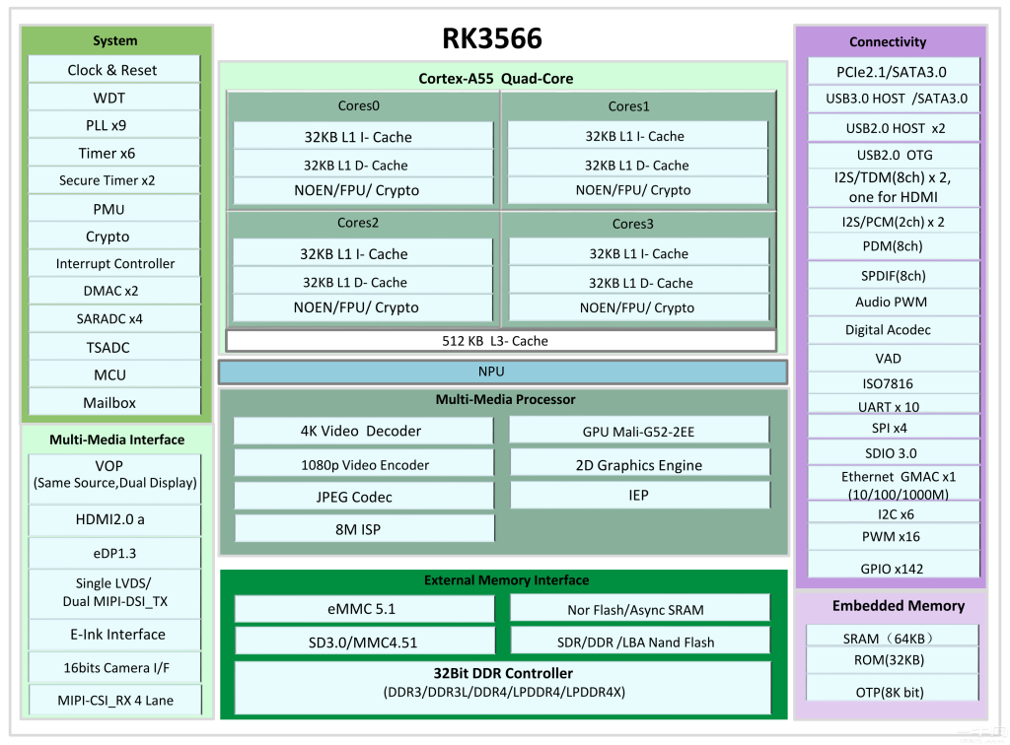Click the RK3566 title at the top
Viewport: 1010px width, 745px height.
click(492, 38)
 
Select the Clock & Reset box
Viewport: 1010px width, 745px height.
click(114, 70)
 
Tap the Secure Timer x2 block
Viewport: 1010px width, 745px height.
click(114, 180)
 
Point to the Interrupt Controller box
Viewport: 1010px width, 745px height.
click(114, 263)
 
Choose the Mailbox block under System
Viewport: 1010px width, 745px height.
click(114, 402)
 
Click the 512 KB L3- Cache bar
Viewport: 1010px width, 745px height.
click(501, 341)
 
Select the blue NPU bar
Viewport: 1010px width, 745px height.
click(502, 372)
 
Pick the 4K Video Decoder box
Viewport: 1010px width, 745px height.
click(363, 431)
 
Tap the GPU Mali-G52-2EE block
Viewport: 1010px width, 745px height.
click(639, 431)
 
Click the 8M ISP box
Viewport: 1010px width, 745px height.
click(364, 529)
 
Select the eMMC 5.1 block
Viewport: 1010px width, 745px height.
click(364, 609)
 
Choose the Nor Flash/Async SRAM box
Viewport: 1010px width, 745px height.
click(639, 609)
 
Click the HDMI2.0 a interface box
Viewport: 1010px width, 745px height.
click(114, 520)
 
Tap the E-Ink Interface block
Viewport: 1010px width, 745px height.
click(114, 635)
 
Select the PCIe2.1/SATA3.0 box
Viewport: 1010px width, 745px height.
click(894, 71)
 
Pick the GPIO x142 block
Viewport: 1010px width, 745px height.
click(894, 568)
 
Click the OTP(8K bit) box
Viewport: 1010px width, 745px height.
click(892, 692)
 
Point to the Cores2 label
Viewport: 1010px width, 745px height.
click(358, 223)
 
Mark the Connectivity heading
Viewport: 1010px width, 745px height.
click(888, 41)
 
